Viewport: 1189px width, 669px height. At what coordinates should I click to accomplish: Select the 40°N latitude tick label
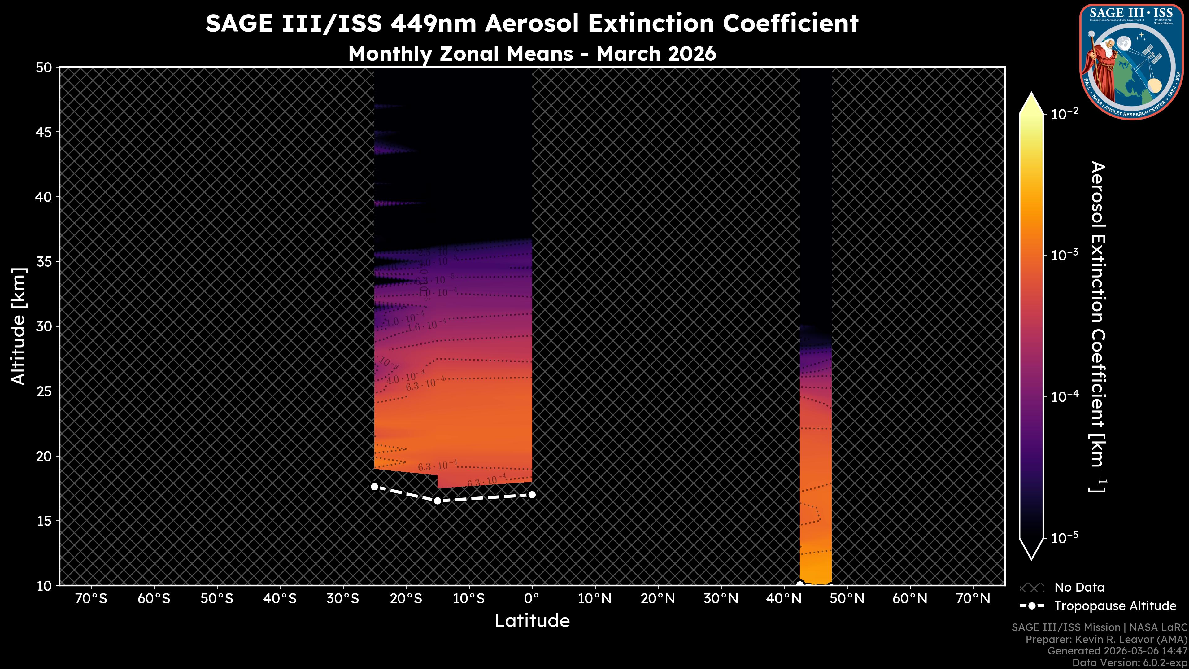pyautogui.click(x=783, y=599)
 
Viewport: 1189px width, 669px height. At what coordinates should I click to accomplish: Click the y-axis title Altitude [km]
pyautogui.click(x=19, y=326)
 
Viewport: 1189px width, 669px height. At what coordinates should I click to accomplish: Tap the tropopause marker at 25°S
pyautogui.click(x=374, y=487)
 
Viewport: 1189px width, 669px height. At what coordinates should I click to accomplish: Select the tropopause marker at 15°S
pyautogui.click(x=437, y=501)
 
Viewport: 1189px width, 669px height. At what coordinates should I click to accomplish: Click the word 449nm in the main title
pyautogui.click(x=433, y=24)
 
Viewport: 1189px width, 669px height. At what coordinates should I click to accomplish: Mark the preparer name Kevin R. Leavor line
pyautogui.click(x=1106, y=640)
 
